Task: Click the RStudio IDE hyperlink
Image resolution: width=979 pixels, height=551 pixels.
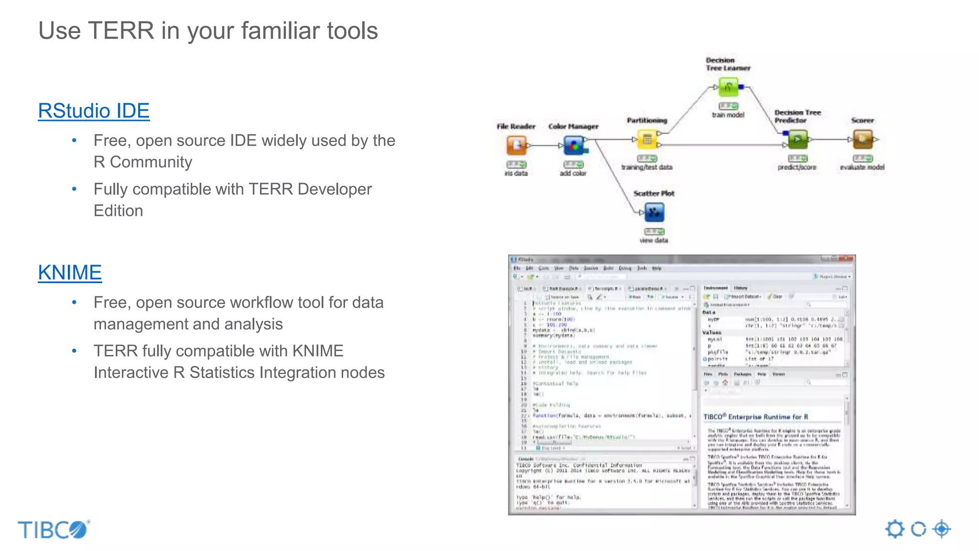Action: coord(94,111)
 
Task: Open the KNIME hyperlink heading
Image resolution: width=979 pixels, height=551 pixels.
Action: coord(70,273)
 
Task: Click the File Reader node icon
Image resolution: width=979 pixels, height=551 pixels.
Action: coord(516,145)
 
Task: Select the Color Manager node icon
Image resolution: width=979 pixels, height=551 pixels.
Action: coord(574,145)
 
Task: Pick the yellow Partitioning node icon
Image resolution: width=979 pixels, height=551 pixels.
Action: coord(647,140)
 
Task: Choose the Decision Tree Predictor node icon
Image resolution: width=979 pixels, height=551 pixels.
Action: coord(797,139)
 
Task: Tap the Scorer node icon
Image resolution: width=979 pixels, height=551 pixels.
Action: coord(863,139)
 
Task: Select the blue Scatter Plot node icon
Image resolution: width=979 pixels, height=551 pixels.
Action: coord(654,212)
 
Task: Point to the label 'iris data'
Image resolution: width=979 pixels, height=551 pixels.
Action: coord(516,174)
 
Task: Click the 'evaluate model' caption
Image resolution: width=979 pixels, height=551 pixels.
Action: coord(862,167)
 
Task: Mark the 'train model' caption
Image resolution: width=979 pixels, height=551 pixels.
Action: coord(728,115)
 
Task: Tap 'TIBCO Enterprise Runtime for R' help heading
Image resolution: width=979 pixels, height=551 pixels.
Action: coord(756,417)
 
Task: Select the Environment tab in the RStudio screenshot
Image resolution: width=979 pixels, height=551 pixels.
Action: coord(716,288)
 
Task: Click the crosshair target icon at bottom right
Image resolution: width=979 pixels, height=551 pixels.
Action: coord(941,529)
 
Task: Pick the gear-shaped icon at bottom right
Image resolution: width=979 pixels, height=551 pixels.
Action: coord(895,529)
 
